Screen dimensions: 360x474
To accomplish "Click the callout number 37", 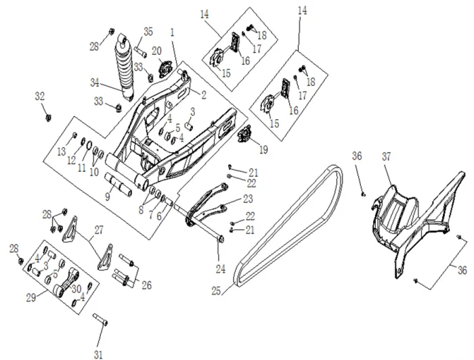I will (387, 156).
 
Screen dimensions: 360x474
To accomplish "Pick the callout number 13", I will (61, 150).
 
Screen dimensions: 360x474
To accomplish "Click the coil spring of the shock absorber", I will (125, 68).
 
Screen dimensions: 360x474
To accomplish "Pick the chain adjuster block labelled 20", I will (163, 68).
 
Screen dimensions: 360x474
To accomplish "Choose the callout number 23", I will (248, 200).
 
